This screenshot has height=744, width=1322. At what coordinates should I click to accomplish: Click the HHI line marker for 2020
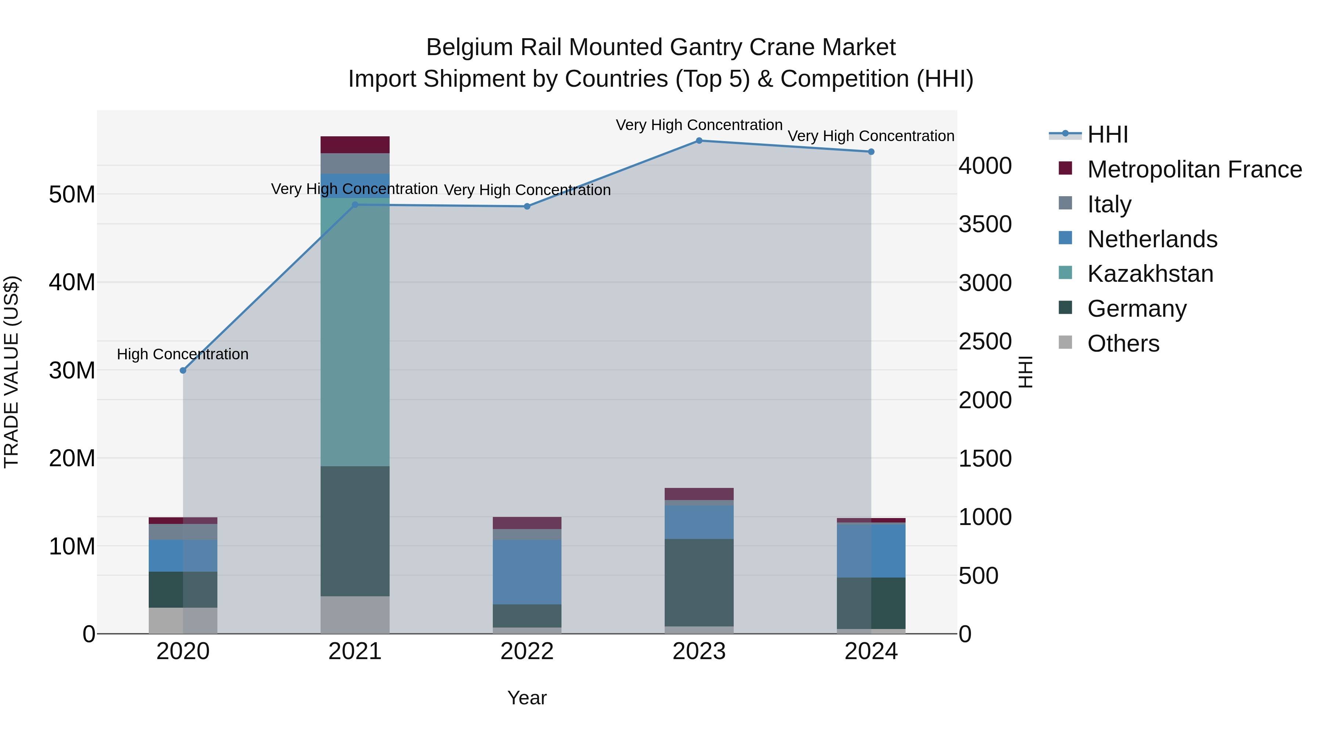click(x=183, y=370)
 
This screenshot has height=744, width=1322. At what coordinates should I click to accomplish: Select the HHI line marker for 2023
click(x=699, y=141)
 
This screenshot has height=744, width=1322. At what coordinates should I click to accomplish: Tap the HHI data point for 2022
click(x=527, y=206)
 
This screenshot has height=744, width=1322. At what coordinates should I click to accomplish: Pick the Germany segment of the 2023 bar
click(x=699, y=582)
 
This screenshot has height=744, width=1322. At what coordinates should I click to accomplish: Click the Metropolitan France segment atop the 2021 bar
click(x=355, y=145)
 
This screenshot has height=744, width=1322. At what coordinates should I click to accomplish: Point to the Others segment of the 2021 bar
click(x=355, y=615)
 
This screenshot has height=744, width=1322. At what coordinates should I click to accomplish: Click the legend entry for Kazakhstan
click(x=1149, y=274)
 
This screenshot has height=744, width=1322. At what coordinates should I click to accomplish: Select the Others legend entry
click(x=1123, y=344)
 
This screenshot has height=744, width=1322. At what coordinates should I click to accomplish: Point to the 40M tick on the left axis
click(x=72, y=283)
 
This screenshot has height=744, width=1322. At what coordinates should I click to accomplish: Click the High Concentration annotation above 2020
click(x=183, y=354)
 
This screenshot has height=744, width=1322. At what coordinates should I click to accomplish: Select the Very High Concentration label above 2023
click(x=699, y=125)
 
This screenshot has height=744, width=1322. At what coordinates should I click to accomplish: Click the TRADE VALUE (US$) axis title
click(x=12, y=372)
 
